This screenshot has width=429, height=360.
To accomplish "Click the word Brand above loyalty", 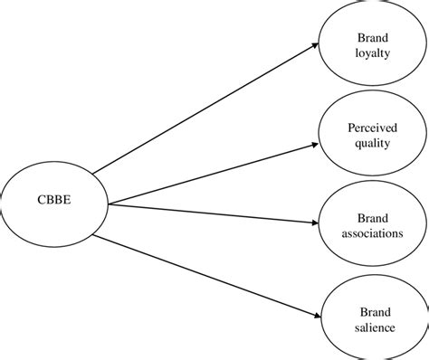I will tap(372, 38).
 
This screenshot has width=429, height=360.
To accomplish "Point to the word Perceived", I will tap(372, 127).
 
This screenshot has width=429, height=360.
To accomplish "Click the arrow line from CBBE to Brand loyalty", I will tap(204, 108).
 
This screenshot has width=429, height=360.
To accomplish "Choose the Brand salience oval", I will tap(372, 344).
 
